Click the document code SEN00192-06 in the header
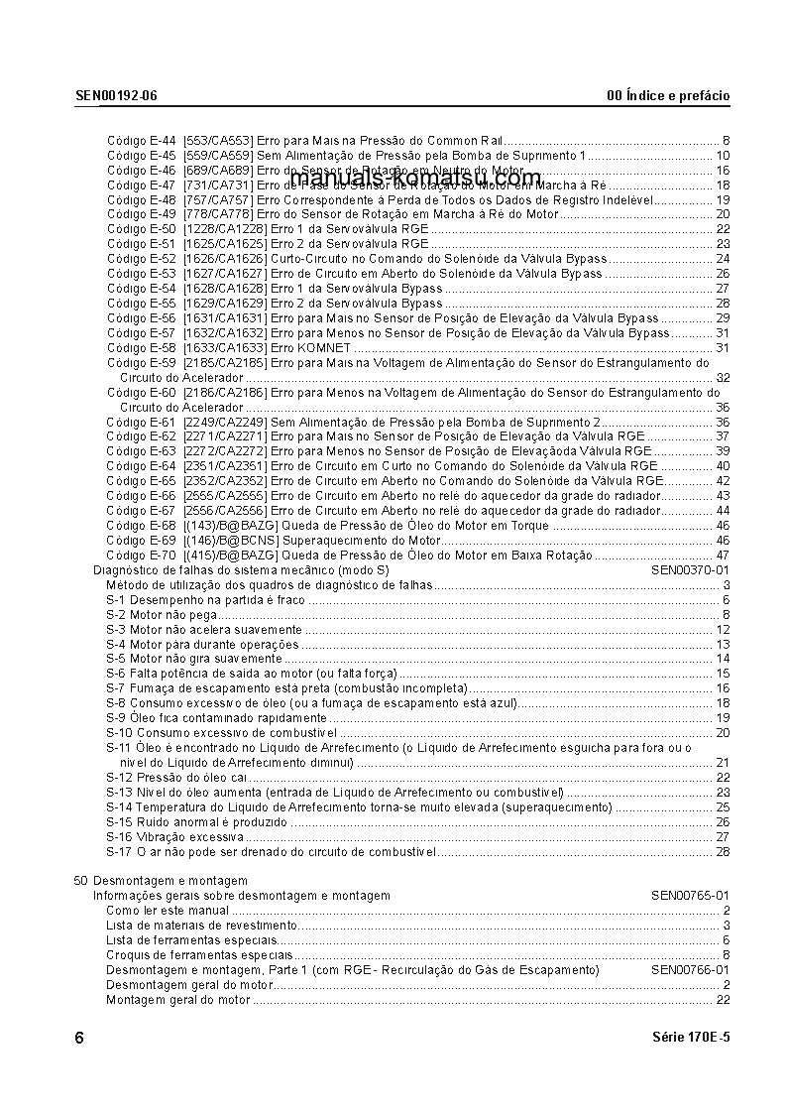(x=116, y=96)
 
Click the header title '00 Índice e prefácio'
(x=668, y=96)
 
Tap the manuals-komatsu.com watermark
(x=416, y=179)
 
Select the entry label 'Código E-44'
(x=142, y=141)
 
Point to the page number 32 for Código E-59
(x=723, y=378)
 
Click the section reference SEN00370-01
(x=690, y=570)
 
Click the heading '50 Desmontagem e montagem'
(x=161, y=881)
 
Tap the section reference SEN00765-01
(x=690, y=896)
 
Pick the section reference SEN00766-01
(x=690, y=969)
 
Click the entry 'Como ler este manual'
(x=168, y=911)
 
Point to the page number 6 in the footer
(x=79, y=1039)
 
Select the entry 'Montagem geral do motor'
(x=178, y=1000)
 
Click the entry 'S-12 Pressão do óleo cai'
(x=176, y=778)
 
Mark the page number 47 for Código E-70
(x=723, y=556)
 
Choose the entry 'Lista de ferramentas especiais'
(x=190, y=940)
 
